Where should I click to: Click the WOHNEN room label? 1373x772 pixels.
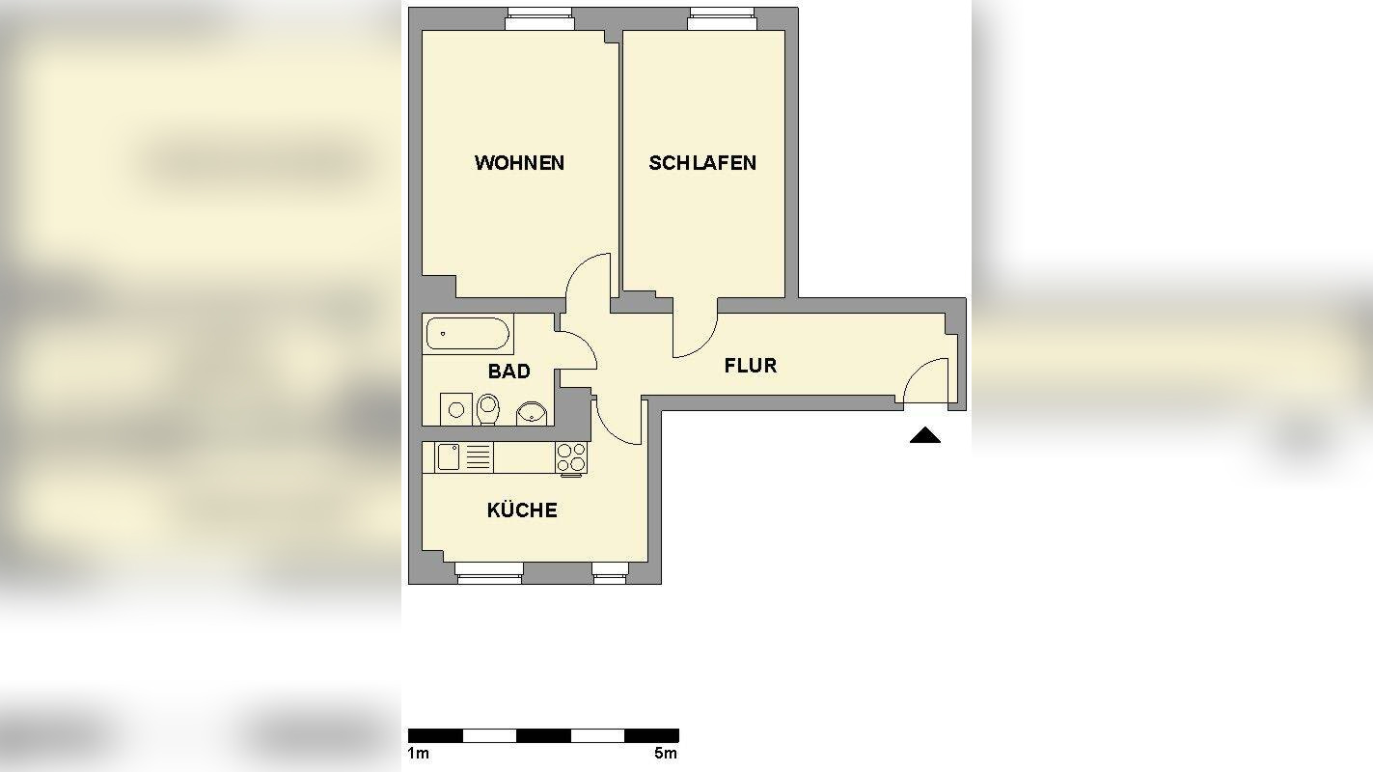(519, 163)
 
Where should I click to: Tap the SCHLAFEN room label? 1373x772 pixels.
(702, 163)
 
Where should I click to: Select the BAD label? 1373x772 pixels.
(508, 372)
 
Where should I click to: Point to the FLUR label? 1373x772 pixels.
(751, 366)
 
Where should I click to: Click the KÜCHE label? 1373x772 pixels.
(522, 510)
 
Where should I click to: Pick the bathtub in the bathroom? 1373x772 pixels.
(467, 334)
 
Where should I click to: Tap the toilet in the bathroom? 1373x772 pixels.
(488, 409)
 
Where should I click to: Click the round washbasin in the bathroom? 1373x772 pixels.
(530, 413)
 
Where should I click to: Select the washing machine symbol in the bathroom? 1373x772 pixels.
(455, 409)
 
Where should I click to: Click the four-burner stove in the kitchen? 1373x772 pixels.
(570, 456)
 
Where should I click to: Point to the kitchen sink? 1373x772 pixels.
(449, 456)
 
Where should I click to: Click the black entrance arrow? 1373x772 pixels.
(924, 435)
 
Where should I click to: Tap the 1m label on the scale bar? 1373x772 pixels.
(418, 753)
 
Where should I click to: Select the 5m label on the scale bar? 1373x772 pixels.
(666, 753)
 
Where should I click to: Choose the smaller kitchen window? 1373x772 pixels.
(609, 577)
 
